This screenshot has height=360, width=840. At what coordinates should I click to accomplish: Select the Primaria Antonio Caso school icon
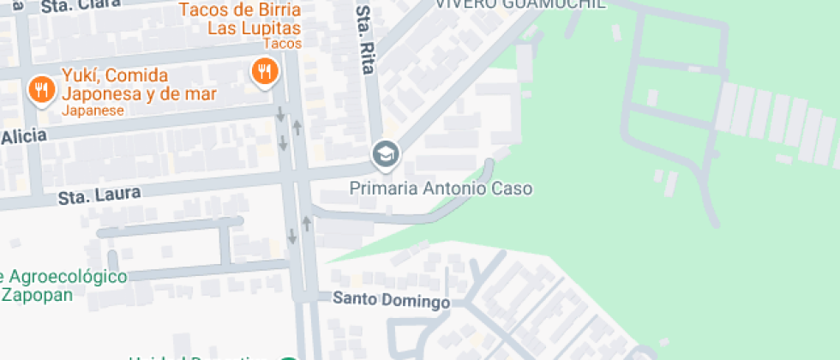[x=385, y=154]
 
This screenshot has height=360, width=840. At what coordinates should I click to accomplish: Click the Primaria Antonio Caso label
[x=441, y=188]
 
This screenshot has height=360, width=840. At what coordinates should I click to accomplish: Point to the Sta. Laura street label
[x=99, y=196]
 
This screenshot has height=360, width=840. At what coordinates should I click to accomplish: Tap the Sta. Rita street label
[x=366, y=41]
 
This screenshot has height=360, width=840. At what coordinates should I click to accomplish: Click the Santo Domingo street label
[x=391, y=300]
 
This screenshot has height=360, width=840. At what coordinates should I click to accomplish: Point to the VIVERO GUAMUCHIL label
[x=519, y=4]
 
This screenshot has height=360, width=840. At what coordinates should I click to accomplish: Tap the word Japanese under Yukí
[x=93, y=111]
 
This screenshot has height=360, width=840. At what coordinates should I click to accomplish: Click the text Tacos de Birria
[x=239, y=11]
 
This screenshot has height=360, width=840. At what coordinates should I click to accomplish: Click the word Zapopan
[x=37, y=295]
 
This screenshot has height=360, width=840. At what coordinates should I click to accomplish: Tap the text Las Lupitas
[x=253, y=28]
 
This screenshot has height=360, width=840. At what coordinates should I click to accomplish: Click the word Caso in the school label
[x=511, y=188]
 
